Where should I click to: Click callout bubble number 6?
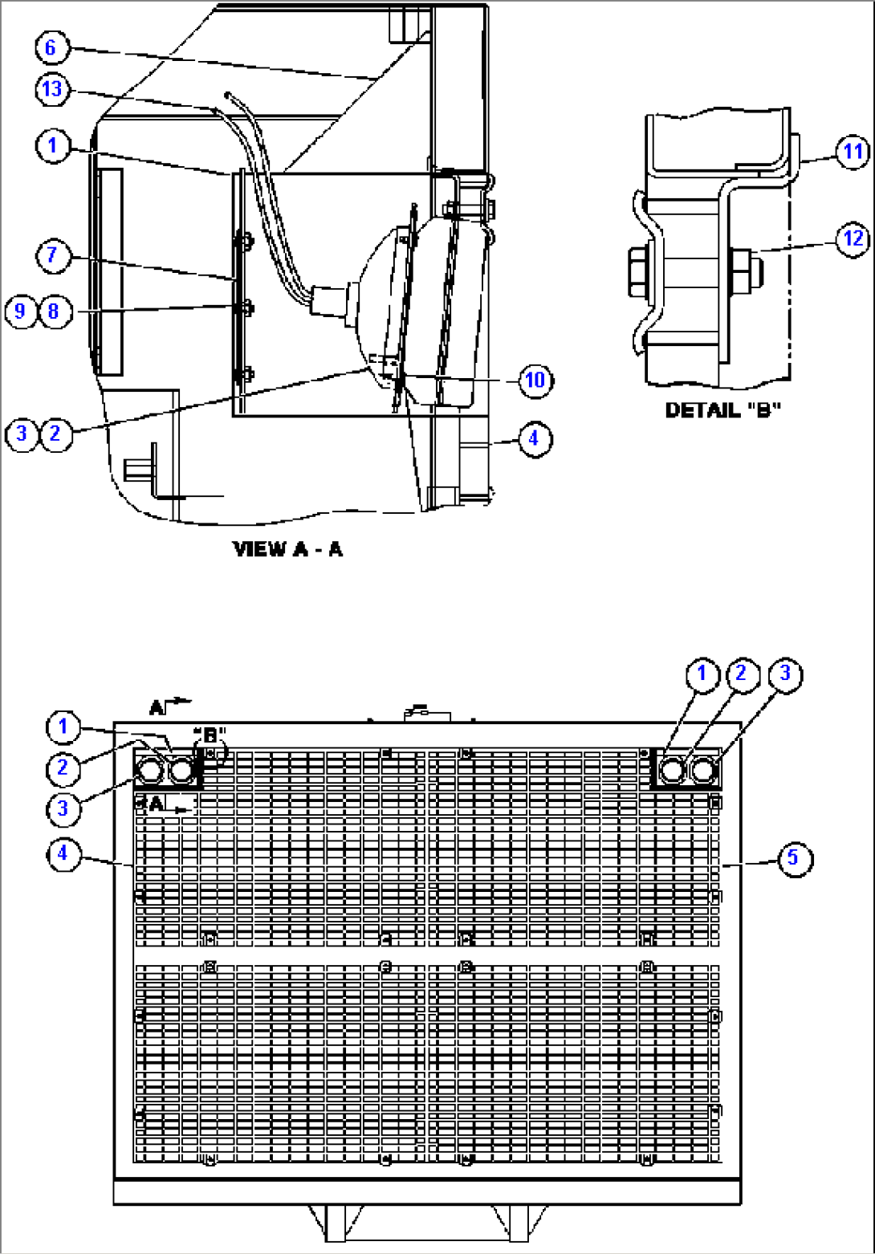coord(50,48)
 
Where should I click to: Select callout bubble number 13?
coord(51,90)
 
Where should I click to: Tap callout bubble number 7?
coord(52,256)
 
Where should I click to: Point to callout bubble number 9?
coord(20,310)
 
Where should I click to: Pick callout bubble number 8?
coord(53,310)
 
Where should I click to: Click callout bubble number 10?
coord(535,380)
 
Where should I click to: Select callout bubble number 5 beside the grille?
coord(792,857)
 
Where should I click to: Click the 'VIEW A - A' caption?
coord(287,549)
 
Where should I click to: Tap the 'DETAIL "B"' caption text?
coord(722,410)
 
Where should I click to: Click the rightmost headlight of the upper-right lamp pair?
coord(703,771)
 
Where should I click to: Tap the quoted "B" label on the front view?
coord(210,735)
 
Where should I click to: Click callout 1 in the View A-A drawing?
coord(52,146)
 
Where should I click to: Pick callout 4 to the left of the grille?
coord(63,855)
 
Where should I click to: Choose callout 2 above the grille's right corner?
coord(741,673)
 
